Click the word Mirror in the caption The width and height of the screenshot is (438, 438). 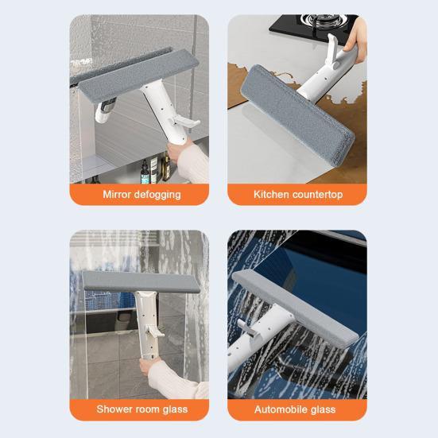115,194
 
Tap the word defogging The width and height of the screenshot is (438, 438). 156,195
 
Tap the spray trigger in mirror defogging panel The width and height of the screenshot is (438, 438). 184,122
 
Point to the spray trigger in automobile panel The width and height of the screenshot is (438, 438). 246,327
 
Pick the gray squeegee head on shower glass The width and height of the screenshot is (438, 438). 141,281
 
